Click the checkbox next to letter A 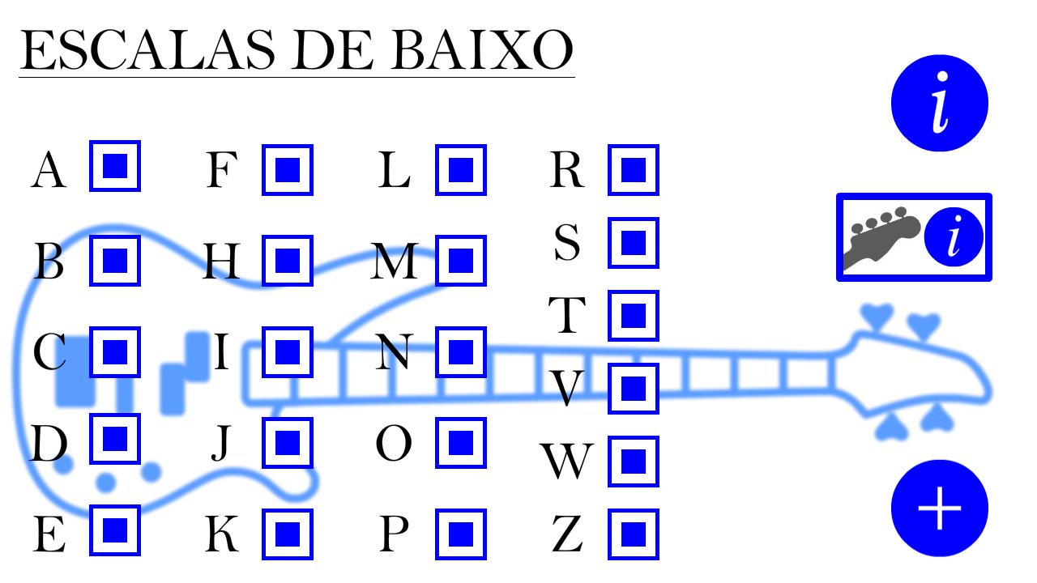(x=115, y=166)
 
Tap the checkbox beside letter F (x=288, y=170)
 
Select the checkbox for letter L (x=461, y=170)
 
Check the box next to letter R (x=634, y=170)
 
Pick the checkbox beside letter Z (x=634, y=534)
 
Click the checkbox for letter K (x=288, y=534)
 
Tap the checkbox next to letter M (x=461, y=261)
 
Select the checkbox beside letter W (x=634, y=462)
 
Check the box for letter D (x=115, y=439)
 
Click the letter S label (x=566, y=242)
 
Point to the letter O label (x=394, y=443)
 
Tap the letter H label (x=221, y=261)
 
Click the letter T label (x=566, y=315)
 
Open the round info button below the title (x=939, y=103)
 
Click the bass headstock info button (x=914, y=237)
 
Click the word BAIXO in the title (x=482, y=49)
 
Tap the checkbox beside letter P (x=461, y=534)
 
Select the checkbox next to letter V (x=634, y=388)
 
